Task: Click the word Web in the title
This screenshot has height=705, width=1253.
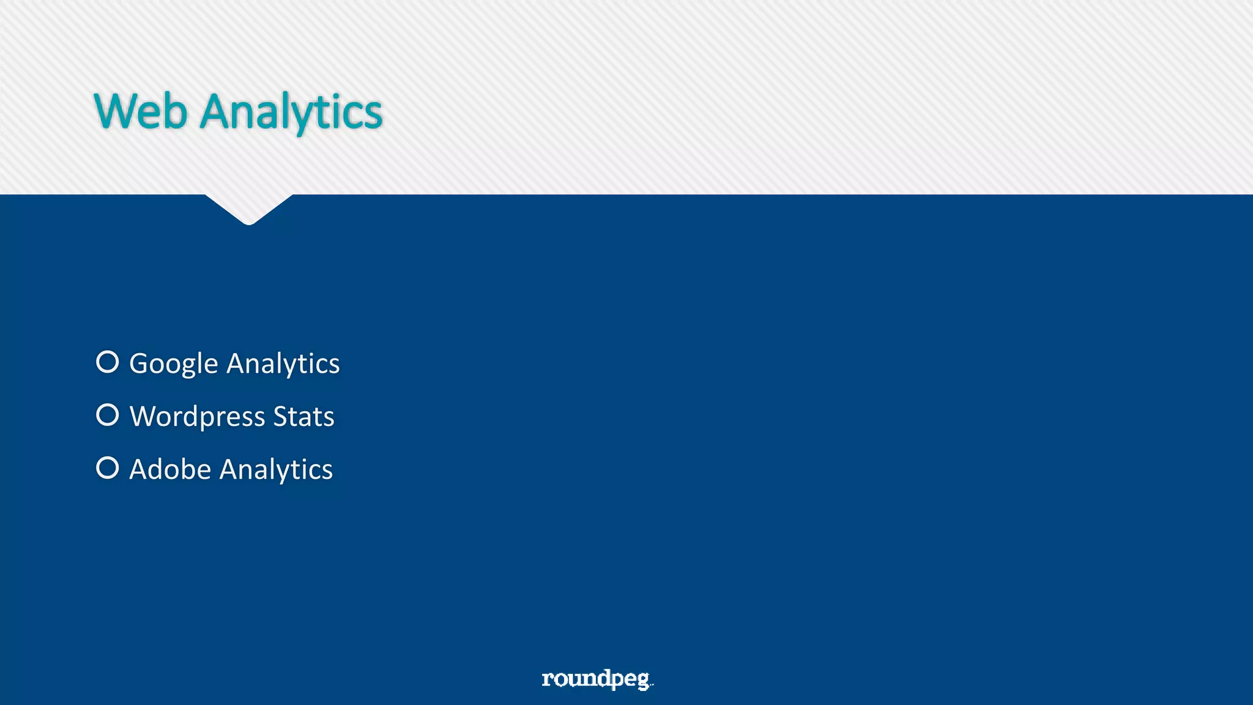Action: point(141,111)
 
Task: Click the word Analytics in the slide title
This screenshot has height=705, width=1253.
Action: point(291,113)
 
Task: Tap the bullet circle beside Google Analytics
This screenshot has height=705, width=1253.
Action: point(108,362)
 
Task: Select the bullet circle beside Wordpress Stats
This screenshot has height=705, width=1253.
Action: point(108,415)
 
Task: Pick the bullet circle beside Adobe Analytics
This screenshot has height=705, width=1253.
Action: point(108,468)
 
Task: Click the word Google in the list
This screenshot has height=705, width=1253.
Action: point(174,364)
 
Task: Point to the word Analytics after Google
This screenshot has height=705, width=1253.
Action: point(283,364)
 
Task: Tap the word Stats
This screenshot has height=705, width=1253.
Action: point(303,417)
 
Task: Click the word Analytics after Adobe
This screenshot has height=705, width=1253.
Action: point(276,470)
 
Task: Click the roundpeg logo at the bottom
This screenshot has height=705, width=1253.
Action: point(597,679)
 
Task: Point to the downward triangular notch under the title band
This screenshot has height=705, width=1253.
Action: point(249,208)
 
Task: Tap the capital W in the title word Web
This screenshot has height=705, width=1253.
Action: point(114,111)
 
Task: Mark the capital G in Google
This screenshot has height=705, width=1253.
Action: point(139,364)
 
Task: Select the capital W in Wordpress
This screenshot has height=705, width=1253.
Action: point(144,417)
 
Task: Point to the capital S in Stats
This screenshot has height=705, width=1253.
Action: point(281,417)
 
